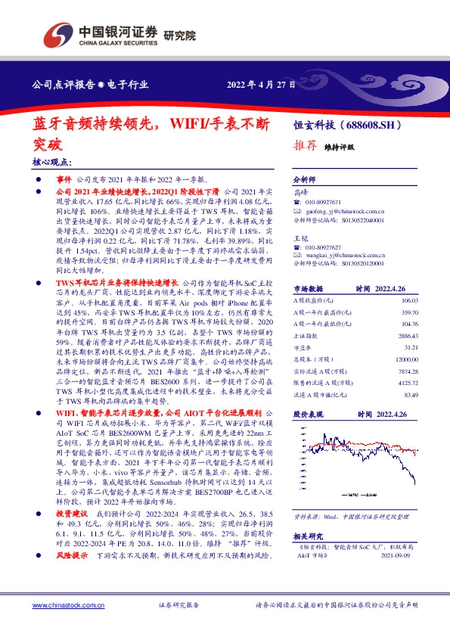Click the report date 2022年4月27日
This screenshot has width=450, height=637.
pyautogui.click(x=261, y=85)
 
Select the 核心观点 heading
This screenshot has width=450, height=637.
pyautogui.click(x=52, y=163)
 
